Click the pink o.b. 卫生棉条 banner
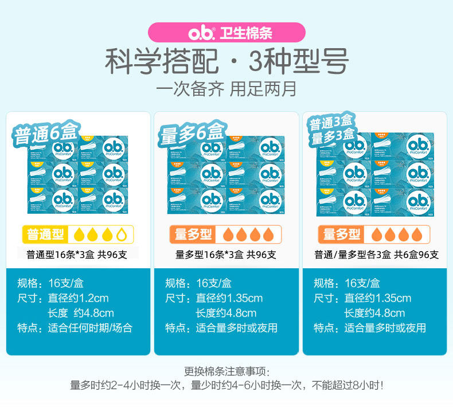pos(226,32)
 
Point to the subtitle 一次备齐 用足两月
pos(226,90)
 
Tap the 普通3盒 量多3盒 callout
pos(333,131)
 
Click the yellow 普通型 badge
pos(46,234)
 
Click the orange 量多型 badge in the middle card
pos(193,234)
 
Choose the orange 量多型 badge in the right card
pos(342,234)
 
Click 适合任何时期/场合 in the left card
pos(90,328)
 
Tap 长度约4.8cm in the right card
pos(374,313)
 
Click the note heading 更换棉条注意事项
pos(226,371)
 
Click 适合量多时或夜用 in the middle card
pos(236,328)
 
